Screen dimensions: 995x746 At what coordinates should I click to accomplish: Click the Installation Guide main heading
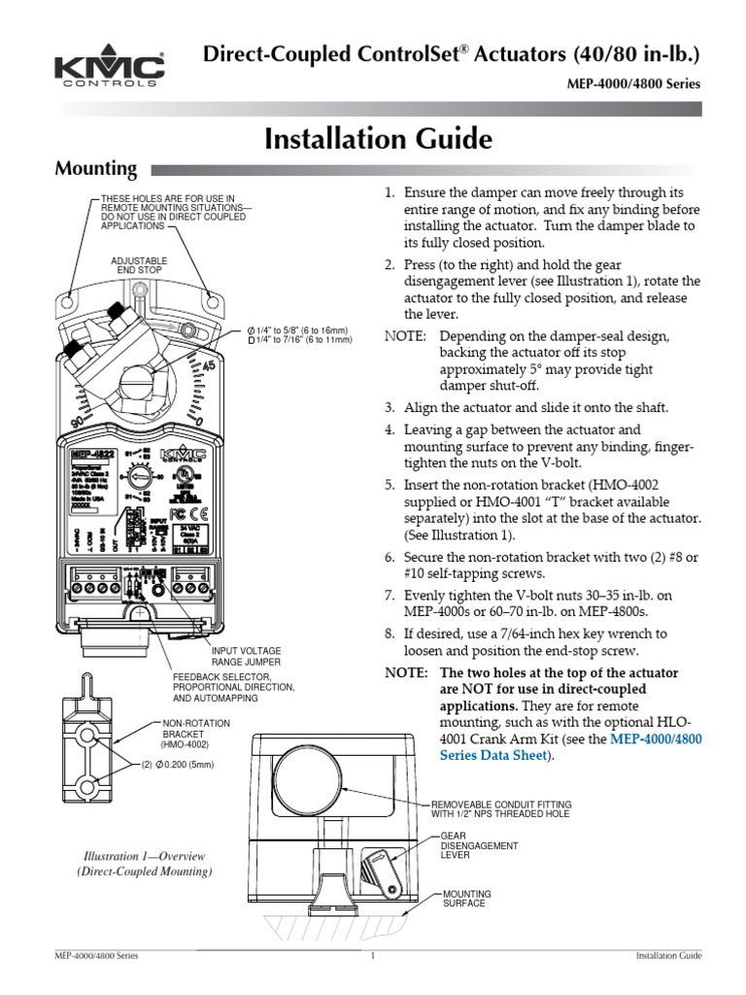click(378, 140)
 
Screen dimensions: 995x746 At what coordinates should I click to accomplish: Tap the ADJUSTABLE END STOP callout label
click(139, 266)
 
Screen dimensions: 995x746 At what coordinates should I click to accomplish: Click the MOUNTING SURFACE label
click(467, 898)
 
